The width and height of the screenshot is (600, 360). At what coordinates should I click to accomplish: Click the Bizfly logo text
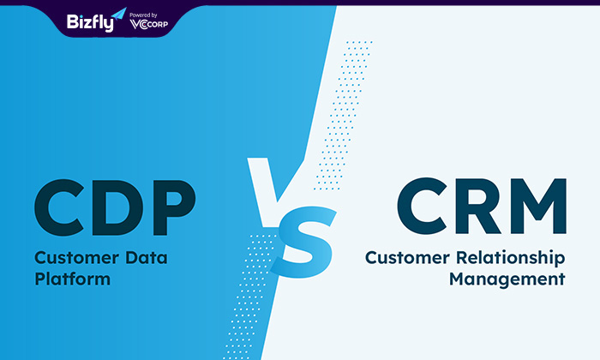tap(90, 22)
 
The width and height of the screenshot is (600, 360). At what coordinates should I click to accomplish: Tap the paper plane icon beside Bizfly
tap(119, 14)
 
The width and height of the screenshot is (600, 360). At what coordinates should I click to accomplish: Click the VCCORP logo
tap(149, 24)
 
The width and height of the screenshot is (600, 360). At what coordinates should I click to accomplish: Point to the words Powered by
tap(143, 15)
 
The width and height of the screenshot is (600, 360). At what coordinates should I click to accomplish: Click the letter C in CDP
tap(59, 207)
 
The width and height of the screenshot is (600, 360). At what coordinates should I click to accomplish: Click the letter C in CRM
tap(422, 206)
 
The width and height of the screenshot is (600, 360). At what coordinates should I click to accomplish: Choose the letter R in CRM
tap(478, 207)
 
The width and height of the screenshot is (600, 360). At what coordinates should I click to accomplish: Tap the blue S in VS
tap(303, 242)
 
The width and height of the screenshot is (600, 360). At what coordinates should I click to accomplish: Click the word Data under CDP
tap(147, 258)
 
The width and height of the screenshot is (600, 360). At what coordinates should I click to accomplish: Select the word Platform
tap(73, 279)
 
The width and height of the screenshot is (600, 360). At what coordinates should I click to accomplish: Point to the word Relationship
tap(511, 258)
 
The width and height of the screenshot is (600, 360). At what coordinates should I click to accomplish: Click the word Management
tap(507, 279)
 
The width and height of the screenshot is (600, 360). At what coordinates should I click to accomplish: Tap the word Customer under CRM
tap(407, 258)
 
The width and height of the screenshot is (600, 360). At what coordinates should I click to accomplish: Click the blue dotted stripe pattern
tap(343, 115)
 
